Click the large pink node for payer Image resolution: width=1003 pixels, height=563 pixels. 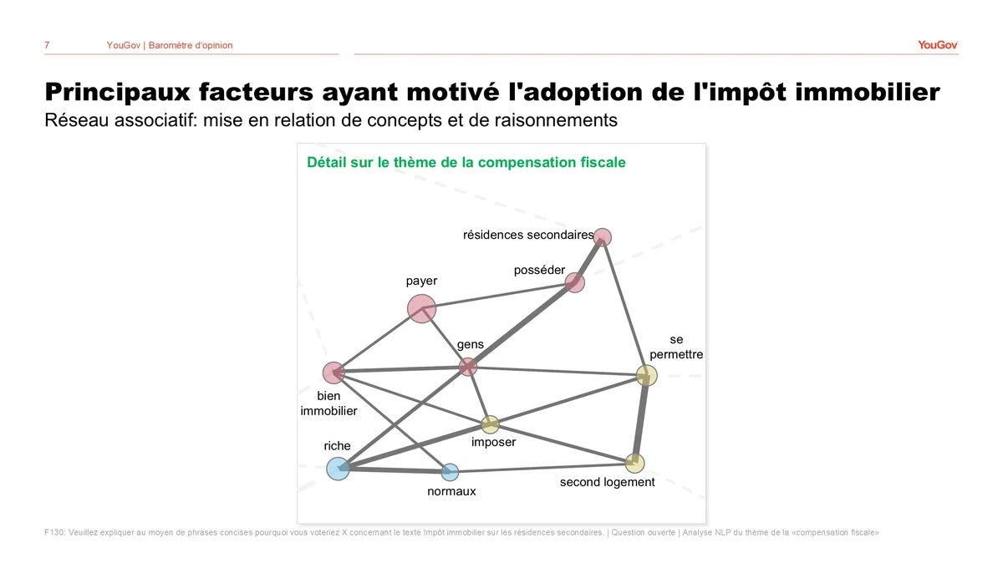coord(421,308)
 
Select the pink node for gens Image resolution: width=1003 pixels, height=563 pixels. coord(468,367)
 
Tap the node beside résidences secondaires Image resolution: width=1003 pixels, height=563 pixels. coord(603,237)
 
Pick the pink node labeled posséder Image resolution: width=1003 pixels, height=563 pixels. coord(574,283)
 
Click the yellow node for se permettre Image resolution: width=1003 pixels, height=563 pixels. coord(647,376)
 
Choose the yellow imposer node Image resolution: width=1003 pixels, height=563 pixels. coord(490,424)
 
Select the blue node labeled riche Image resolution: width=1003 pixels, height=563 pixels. coord(338,469)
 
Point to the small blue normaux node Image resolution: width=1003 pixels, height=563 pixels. coord(450,472)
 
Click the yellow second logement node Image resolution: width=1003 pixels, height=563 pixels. coord(634,464)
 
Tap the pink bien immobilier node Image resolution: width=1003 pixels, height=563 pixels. coord(333,373)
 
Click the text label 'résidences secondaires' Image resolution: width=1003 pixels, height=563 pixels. coord(528,235)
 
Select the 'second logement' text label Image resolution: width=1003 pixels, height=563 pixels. coord(607,482)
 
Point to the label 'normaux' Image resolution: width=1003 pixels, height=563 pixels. coord(451,491)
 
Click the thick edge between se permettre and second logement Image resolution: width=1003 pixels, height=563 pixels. coord(641,419)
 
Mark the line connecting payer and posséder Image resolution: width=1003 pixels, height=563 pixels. coord(498,296)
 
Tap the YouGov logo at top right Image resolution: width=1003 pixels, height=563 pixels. coord(938,45)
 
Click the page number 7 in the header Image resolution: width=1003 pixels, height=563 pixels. coord(47,45)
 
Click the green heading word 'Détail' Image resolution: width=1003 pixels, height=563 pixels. coord(327,162)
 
